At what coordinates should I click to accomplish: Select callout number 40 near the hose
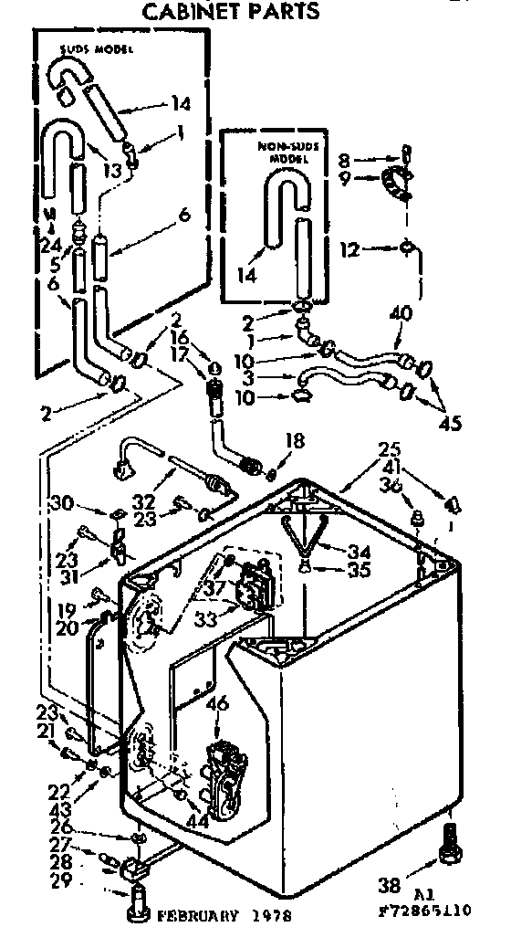point(400,312)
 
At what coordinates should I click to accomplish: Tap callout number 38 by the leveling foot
point(389,883)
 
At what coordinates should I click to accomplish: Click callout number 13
point(112,169)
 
